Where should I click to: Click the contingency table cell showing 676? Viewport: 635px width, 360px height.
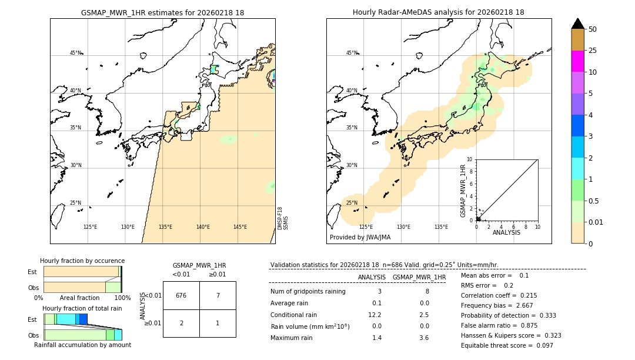click(x=181, y=295)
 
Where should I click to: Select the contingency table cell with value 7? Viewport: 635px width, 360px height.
click(x=218, y=295)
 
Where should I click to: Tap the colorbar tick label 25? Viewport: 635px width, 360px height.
click(x=593, y=51)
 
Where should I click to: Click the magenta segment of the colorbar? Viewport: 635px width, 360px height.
click(x=578, y=61)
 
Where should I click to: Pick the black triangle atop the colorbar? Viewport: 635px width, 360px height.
click(x=578, y=24)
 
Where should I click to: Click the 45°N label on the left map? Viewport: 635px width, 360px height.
click(x=75, y=53)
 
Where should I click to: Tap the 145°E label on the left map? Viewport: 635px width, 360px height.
click(x=240, y=227)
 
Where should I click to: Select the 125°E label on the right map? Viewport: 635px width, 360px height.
click(x=366, y=227)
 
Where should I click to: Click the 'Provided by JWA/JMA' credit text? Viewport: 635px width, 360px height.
click(x=360, y=238)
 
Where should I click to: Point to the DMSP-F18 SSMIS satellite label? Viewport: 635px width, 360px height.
click(x=282, y=218)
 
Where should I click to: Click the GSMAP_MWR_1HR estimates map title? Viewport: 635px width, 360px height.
click(x=162, y=12)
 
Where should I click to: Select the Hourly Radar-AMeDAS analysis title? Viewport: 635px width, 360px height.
click(x=438, y=12)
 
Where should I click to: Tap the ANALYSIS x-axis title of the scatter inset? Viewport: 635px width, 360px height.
click(x=506, y=233)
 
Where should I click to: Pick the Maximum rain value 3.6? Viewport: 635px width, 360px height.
click(x=423, y=338)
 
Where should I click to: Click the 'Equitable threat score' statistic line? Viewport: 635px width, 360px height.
click(x=507, y=345)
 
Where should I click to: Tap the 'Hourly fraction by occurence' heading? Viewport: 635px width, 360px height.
click(x=82, y=261)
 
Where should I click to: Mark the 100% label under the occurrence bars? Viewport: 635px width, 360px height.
click(x=122, y=298)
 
